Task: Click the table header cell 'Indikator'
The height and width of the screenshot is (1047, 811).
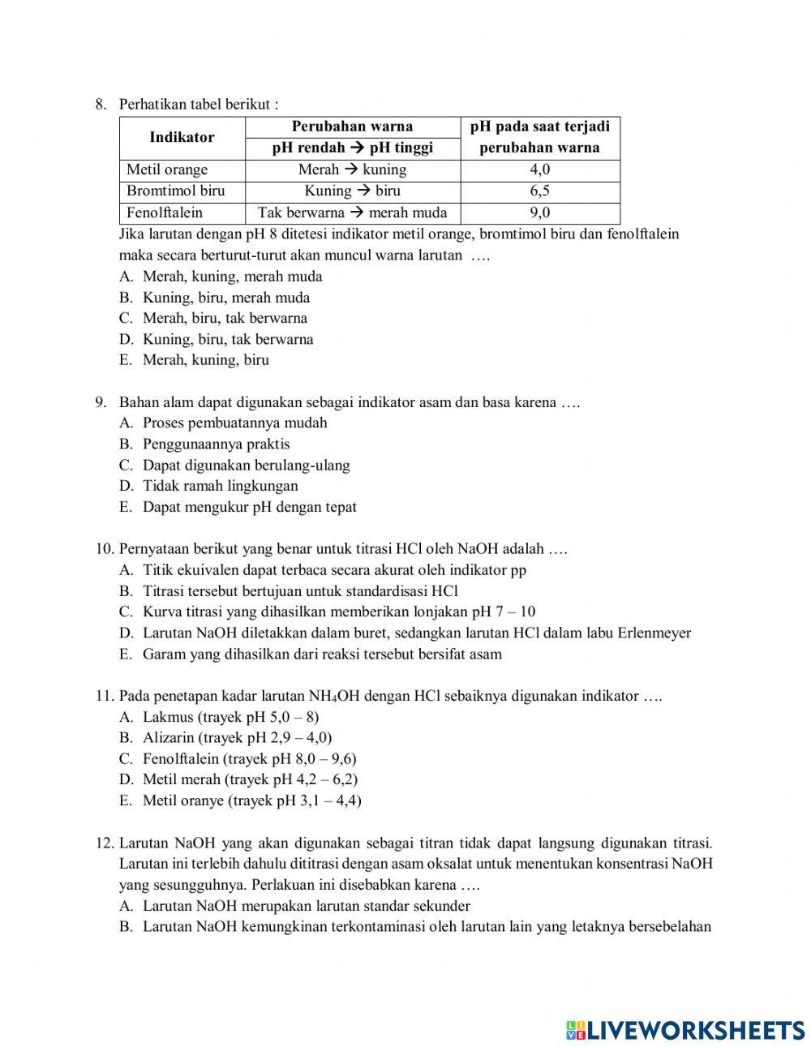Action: point(182,137)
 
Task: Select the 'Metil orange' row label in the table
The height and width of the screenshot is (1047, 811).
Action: point(167,169)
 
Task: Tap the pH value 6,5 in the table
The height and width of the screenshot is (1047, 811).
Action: point(539,191)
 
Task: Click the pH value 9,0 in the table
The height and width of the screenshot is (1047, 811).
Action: point(539,212)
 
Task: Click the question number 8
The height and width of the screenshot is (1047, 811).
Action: point(101,104)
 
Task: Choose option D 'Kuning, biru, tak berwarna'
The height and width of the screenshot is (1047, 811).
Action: point(227,339)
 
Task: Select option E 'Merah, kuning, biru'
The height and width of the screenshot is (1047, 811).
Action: point(205,360)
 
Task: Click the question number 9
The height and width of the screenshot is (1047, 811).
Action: point(101,402)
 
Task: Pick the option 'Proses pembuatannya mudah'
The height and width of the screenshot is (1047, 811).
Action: point(234,423)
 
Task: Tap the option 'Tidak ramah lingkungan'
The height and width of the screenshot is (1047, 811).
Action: point(220,486)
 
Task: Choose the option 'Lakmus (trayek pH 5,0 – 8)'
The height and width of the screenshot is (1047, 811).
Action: point(230,717)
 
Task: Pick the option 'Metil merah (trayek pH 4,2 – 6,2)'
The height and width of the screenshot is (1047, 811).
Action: point(250,779)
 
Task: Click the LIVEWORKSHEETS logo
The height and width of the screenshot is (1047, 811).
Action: point(685,1029)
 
